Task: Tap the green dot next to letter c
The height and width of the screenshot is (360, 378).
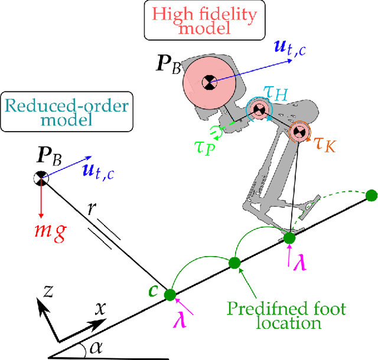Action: pos(170,294)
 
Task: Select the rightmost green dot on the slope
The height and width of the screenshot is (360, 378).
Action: pos(372,195)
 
